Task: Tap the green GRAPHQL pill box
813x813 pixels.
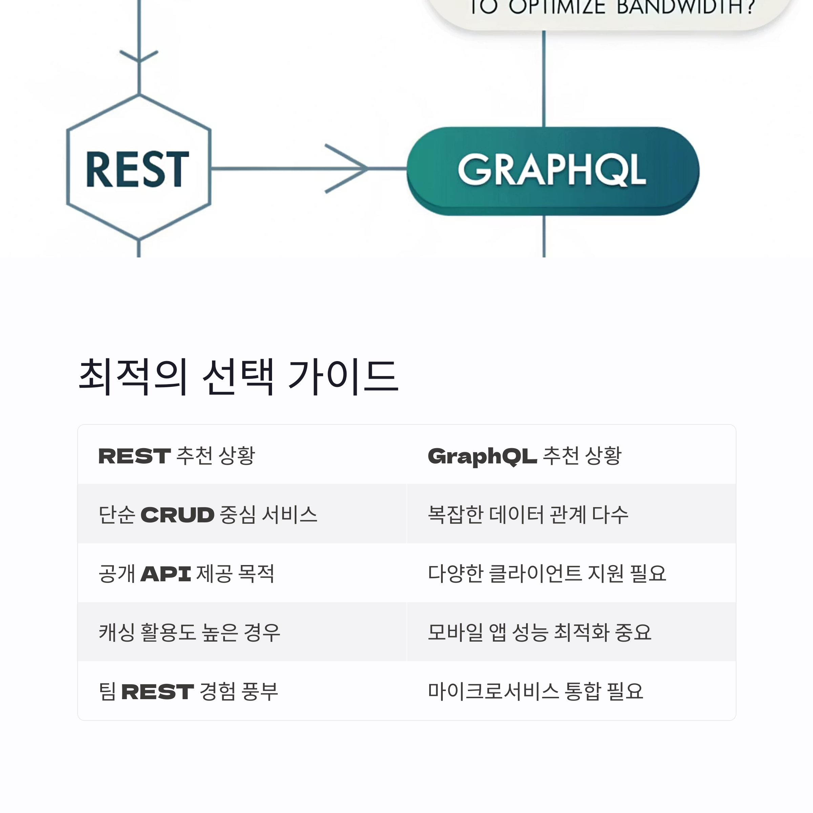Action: pyautogui.click(x=552, y=170)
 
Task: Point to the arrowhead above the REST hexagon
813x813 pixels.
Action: pyautogui.click(x=139, y=57)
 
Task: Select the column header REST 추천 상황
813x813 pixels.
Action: pyautogui.click(x=177, y=456)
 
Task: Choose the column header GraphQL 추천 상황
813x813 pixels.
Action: pyautogui.click(x=524, y=456)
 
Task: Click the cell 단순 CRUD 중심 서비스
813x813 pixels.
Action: pyautogui.click(x=208, y=515)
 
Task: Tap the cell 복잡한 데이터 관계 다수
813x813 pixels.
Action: pyautogui.click(x=528, y=515)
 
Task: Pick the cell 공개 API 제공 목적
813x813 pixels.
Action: pyautogui.click(x=186, y=574)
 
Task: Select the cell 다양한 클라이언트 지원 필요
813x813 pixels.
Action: pyautogui.click(x=547, y=574)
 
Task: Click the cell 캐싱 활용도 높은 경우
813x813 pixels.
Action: pyautogui.click(x=189, y=632)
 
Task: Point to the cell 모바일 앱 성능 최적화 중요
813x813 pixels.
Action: pyautogui.click(x=540, y=632)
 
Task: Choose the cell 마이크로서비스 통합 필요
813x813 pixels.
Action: pyautogui.click(x=535, y=691)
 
